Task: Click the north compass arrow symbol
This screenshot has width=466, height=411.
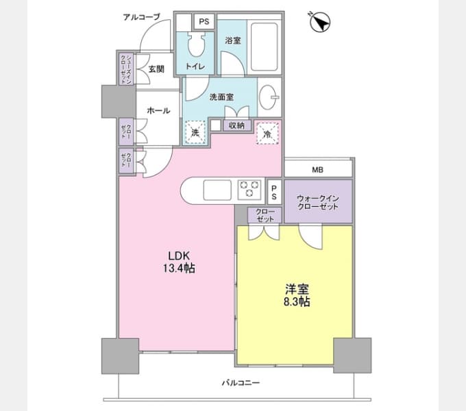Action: pyautogui.click(x=320, y=22)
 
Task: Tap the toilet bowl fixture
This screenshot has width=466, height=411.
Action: pyautogui.click(x=197, y=45)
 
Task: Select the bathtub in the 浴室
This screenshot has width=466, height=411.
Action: pyautogui.click(x=265, y=47)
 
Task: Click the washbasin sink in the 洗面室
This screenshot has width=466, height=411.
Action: pyautogui.click(x=269, y=97)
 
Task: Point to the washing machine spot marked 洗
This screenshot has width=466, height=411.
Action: pyautogui.click(x=195, y=132)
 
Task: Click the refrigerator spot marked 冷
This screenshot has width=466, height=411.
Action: pyautogui.click(x=267, y=134)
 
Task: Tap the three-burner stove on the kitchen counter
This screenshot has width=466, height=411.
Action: pyautogui.click(x=249, y=189)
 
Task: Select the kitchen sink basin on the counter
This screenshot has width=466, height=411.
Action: pyautogui.click(x=217, y=190)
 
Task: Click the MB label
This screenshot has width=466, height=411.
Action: pyautogui.click(x=317, y=170)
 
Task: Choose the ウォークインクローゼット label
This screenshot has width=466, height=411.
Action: pyautogui.click(x=318, y=203)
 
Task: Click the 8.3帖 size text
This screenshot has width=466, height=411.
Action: pyautogui.click(x=297, y=301)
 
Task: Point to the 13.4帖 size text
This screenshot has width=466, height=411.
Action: pyautogui.click(x=179, y=269)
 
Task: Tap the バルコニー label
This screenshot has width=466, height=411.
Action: pyautogui.click(x=241, y=382)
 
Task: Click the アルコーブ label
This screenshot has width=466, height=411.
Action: pyautogui.click(x=142, y=17)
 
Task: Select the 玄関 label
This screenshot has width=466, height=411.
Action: pyautogui.click(x=156, y=69)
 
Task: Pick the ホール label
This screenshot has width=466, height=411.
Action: pyautogui.click(x=158, y=111)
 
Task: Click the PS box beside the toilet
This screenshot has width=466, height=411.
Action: pyautogui.click(x=204, y=22)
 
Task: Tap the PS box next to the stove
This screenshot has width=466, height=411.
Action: pyautogui.click(x=274, y=192)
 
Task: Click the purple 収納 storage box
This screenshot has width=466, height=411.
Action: pyautogui.click(x=237, y=125)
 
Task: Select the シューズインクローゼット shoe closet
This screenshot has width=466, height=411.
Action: pyautogui.click(x=126, y=69)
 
